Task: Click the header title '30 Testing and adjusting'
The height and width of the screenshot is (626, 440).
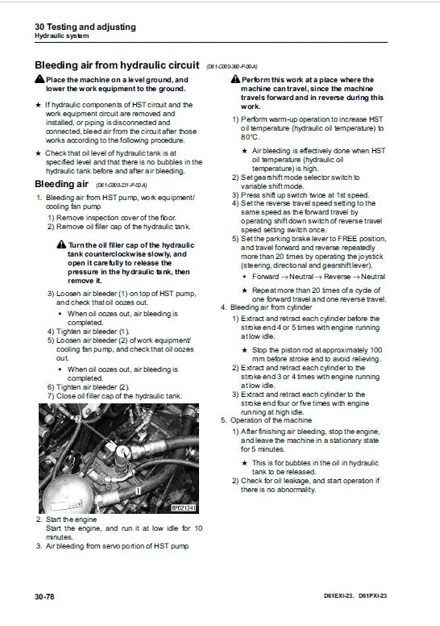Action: click(85, 27)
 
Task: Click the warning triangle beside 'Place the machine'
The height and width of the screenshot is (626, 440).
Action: click(39, 80)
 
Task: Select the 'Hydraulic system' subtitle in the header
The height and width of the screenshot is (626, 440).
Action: click(62, 37)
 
